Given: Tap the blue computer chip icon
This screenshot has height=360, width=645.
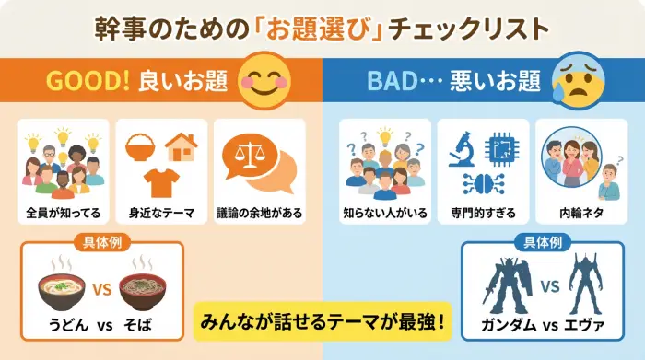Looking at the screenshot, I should (x=501, y=147).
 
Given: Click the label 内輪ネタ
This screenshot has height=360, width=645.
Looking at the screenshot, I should (x=581, y=213).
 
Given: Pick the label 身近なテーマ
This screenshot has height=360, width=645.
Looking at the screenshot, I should (x=162, y=213).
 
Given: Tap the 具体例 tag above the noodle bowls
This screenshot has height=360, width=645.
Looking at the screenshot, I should (x=101, y=244).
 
